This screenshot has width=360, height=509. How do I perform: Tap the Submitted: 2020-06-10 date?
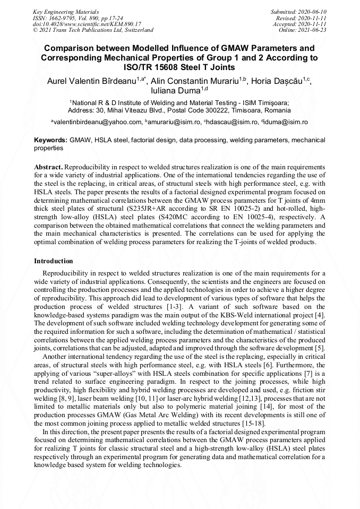299,11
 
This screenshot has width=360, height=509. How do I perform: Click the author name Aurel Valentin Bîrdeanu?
91,81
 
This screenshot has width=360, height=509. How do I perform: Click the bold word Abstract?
48,167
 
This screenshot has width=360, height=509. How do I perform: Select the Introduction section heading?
54,261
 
